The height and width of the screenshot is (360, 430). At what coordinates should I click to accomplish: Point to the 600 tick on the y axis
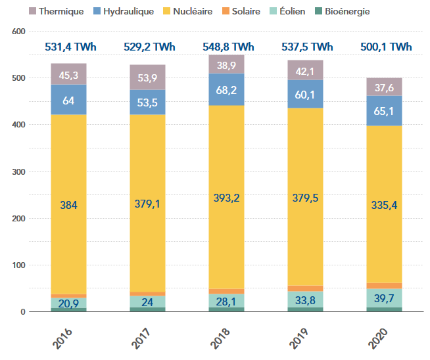point(18,32)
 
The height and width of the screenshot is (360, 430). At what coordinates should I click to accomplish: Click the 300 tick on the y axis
point(18,172)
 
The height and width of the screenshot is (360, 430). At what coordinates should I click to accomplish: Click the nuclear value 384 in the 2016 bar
point(69,205)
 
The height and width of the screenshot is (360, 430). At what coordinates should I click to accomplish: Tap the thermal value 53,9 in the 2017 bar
point(148,79)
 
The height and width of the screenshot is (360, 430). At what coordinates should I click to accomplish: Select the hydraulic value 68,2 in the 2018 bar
point(227,89)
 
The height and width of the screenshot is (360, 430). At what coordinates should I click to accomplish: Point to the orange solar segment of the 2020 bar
point(385,286)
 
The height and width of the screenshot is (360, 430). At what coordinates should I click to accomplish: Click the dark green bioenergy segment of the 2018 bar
point(227,309)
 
